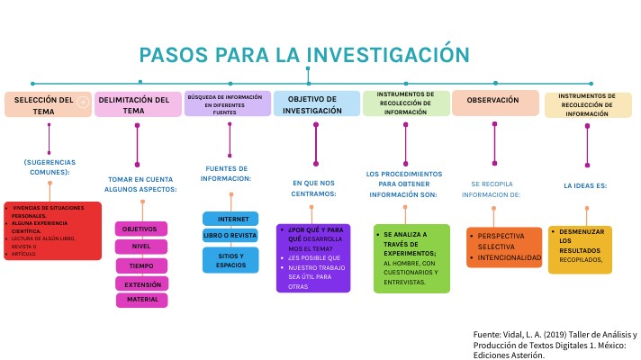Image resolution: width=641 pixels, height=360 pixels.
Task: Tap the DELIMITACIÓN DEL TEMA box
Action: tap(138, 104)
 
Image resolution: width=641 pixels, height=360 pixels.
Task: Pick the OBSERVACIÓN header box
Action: tap(494, 103)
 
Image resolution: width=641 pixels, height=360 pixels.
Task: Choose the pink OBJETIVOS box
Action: tap(140, 229)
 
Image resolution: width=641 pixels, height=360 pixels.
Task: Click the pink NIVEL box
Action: tap(141, 247)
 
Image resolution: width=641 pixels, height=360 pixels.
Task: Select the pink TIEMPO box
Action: tap(141, 265)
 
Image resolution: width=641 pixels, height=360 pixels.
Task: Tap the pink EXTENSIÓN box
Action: tap(141, 283)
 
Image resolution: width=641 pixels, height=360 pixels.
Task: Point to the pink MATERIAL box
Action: tap(141, 300)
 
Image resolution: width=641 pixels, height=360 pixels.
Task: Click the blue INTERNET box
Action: tap(231, 219)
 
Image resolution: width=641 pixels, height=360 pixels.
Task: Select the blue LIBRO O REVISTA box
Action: tap(231, 235)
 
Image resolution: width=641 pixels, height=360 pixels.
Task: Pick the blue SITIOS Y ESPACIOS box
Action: tap(231, 260)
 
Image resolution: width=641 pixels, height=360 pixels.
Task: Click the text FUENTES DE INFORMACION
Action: tap(228, 173)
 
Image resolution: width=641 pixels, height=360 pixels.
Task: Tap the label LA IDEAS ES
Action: tap(585, 185)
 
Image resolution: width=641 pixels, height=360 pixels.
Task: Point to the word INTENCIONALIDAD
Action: tap(510, 257)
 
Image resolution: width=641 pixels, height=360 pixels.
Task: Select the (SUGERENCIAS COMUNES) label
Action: tap(48, 166)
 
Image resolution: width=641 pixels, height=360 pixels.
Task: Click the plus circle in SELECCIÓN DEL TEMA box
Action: tap(83, 102)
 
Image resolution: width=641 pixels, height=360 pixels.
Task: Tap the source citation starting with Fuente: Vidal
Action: tap(554, 344)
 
